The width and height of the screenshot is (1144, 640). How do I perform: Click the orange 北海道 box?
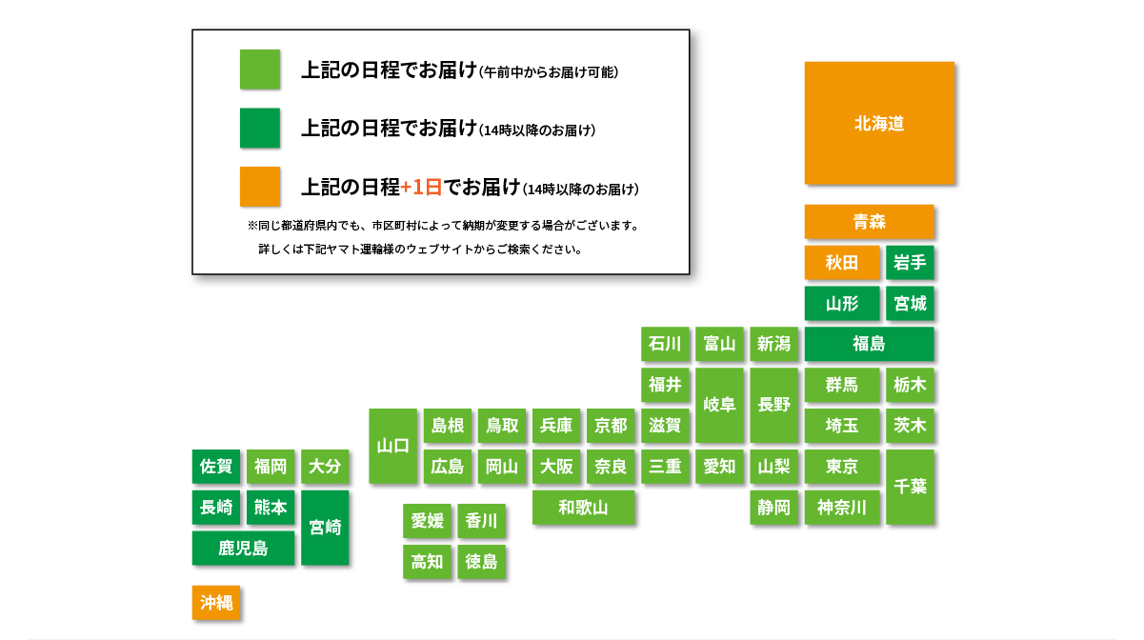click(879, 123)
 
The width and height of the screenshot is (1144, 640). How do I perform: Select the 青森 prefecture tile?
click(870, 222)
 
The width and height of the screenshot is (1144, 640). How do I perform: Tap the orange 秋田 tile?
click(842, 263)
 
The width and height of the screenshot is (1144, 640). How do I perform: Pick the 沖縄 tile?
click(216, 603)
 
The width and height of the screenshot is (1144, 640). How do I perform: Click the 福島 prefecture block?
click(870, 344)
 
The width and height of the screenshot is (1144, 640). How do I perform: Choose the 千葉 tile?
click(910, 487)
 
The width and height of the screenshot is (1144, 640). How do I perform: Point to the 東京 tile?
click(842, 467)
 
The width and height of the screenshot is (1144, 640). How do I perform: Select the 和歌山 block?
click(583, 508)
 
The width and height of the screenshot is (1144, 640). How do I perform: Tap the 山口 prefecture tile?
click(392, 446)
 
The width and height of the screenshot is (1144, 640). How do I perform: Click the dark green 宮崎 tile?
click(325, 528)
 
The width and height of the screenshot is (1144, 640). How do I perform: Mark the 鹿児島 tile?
click(243, 548)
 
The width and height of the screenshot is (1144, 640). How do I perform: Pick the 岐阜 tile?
click(719, 405)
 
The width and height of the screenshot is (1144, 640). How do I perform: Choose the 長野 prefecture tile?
click(773, 405)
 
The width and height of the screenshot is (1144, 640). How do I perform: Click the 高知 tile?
click(427, 562)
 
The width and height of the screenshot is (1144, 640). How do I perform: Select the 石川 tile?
click(665, 344)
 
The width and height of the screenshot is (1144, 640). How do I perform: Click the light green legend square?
click(260, 70)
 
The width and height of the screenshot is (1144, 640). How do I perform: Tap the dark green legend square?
click(260, 128)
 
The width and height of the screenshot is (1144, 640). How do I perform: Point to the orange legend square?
click(260, 187)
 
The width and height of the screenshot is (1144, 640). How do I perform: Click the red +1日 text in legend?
click(421, 188)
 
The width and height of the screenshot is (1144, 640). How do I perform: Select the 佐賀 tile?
click(216, 467)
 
